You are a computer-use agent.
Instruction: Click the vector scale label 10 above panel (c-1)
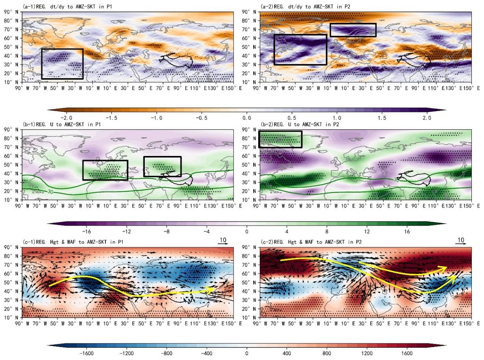(223, 240)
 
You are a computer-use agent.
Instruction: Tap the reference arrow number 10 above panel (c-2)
(461, 240)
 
